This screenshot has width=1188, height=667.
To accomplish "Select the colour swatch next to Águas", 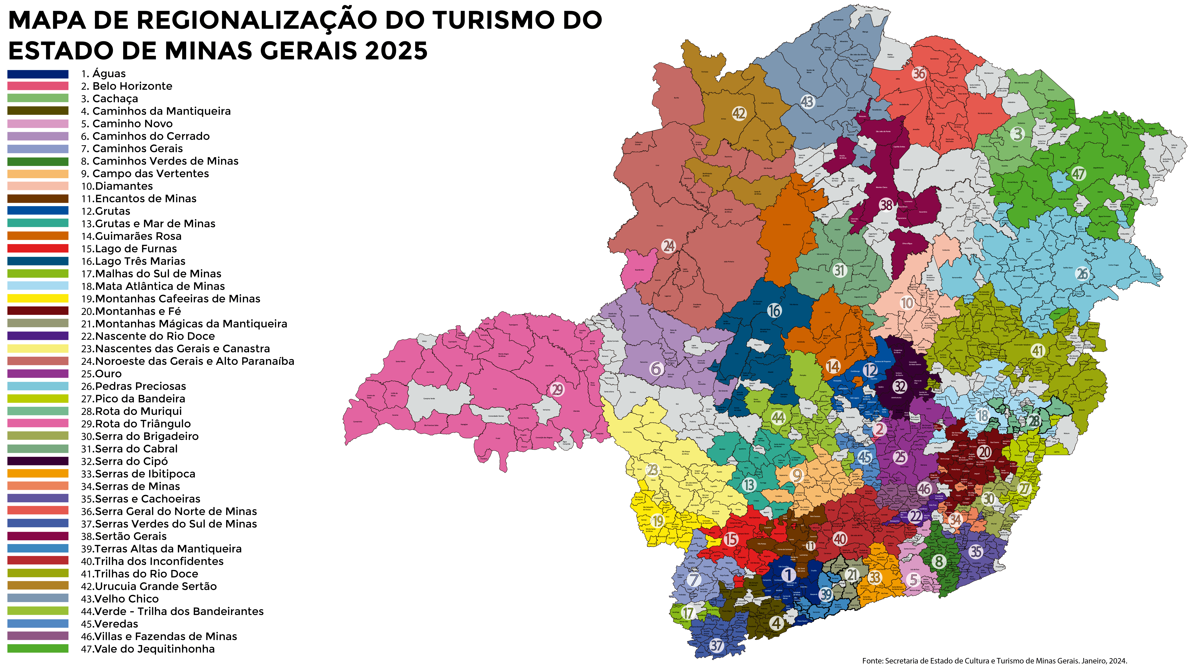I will click(x=38, y=74).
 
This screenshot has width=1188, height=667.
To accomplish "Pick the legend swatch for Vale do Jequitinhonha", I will click(x=38, y=649).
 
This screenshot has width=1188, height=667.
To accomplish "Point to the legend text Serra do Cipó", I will click(x=130, y=461).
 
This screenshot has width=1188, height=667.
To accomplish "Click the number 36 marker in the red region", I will click(x=919, y=73).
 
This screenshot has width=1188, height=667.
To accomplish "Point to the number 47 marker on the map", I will click(x=1078, y=174).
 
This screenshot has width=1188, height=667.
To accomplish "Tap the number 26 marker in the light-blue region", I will click(x=1082, y=274).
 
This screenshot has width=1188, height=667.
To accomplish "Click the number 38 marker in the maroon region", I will click(x=886, y=205).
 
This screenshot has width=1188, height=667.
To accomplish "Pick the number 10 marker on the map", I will click(x=907, y=303).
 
